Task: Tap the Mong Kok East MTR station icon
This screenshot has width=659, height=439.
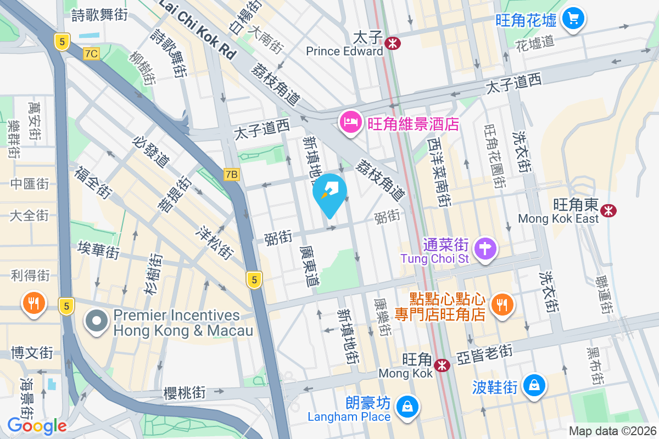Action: [x=608, y=210]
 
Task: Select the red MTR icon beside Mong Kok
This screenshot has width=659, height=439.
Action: [x=442, y=364]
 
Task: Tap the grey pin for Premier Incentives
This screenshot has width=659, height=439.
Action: [x=97, y=322]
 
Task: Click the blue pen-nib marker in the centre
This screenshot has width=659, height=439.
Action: [x=330, y=193]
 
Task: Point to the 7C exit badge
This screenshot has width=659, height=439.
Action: [x=91, y=53]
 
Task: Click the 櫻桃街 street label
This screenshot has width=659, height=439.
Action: [x=185, y=393]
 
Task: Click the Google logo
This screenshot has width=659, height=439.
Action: [x=37, y=425]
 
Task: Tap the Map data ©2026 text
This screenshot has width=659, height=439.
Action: [x=612, y=431]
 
